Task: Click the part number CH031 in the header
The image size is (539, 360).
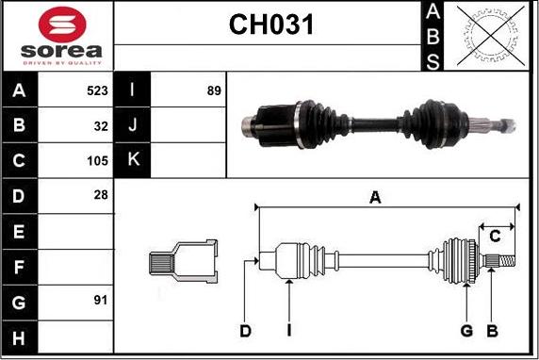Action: click(271, 25)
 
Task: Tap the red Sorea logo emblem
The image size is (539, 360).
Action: click(62, 25)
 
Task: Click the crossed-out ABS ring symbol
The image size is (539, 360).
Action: click(491, 36)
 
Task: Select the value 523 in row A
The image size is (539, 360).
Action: click(97, 90)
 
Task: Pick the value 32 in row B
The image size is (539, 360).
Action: click(101, 126)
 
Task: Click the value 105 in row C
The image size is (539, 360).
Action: click(97, 161)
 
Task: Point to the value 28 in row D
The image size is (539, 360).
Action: click(101, 195)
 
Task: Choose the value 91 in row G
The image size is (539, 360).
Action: click(101, 301)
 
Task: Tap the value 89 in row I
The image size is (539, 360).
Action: click(214, 90)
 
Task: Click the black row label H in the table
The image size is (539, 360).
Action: click(19, 338)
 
